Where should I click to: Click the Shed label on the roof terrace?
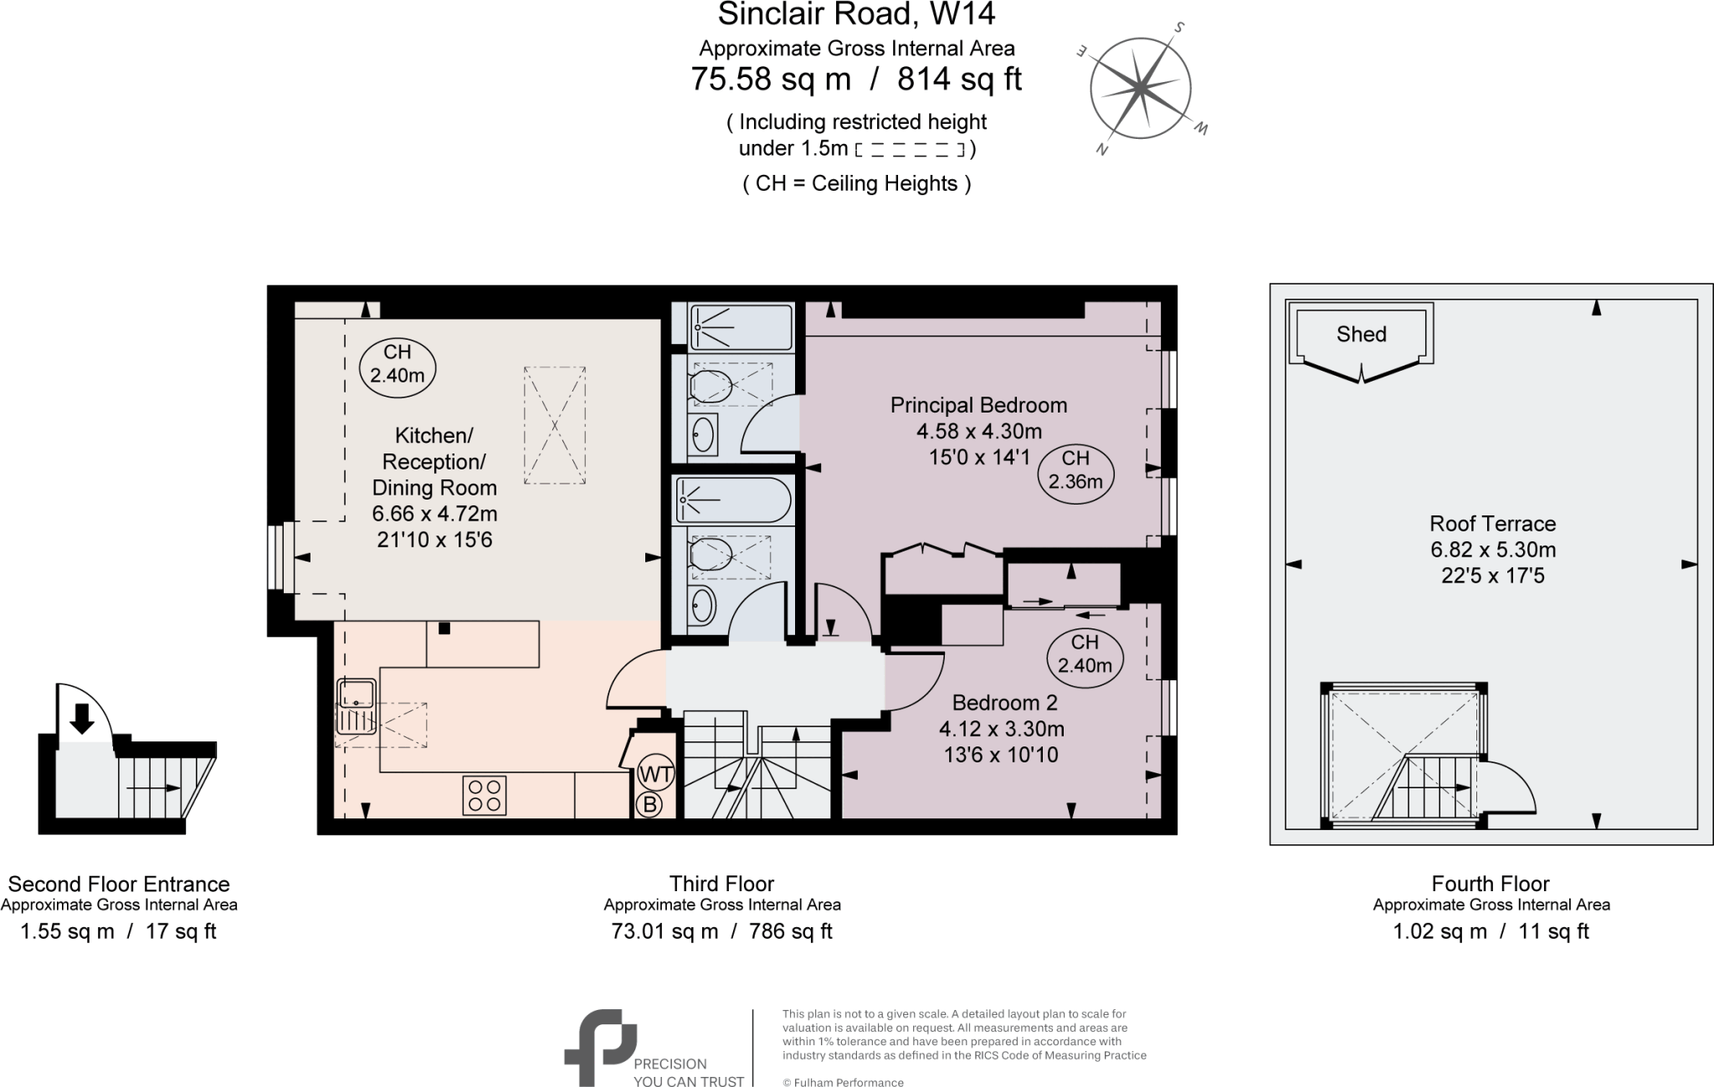tap(1361, 335)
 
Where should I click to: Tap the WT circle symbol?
tap(655, 774)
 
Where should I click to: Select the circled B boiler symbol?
tap(649, 805)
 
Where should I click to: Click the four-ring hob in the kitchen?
tap(485, 795)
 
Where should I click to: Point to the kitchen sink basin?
tap(357, 693)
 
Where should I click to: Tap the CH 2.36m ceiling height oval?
tap(1075, 470)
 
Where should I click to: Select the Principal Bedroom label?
tap(978, 406)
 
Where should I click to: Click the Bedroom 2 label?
tap(1004, 703)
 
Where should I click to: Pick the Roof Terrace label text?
tap(1492, 524)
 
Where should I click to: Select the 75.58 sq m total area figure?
tap(770, 79)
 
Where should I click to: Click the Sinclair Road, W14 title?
tap(856, 14)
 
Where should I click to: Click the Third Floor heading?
tap(721, 884)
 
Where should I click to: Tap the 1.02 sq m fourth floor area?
tap(1439, 931)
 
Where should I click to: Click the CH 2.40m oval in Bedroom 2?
tap(1085, 654)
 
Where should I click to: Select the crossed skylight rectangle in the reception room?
tap(554, 425)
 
